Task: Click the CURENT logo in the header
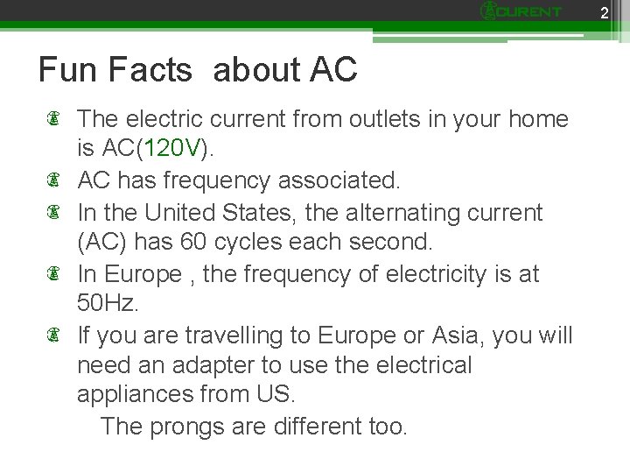(x=521, y=11)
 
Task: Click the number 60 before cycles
(x=191, y=243)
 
